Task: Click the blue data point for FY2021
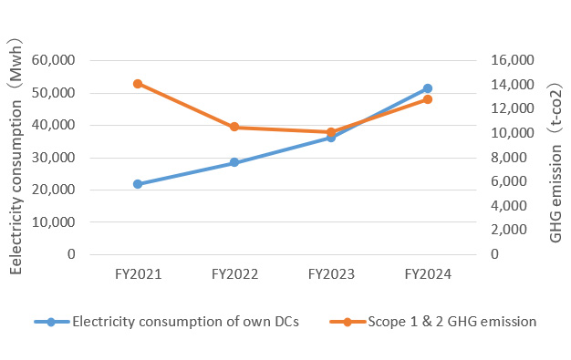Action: coord(138,184)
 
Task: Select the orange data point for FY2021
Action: coord(138,84)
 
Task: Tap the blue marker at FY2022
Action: coord(234,163)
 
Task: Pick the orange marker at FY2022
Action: coord(234,127)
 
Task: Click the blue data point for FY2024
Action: coord(428,88)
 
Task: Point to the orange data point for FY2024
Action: coord(428,99)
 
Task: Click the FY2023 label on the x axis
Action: coord(331,273)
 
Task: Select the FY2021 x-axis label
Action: coord(138,273)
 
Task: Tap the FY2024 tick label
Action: coord(428,273)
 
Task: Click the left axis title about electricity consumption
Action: coord(16,158)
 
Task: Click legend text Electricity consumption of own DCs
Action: coord(185,322)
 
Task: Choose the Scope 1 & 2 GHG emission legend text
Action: coord(452,322)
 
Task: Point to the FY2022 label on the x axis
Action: coord(234,273)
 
